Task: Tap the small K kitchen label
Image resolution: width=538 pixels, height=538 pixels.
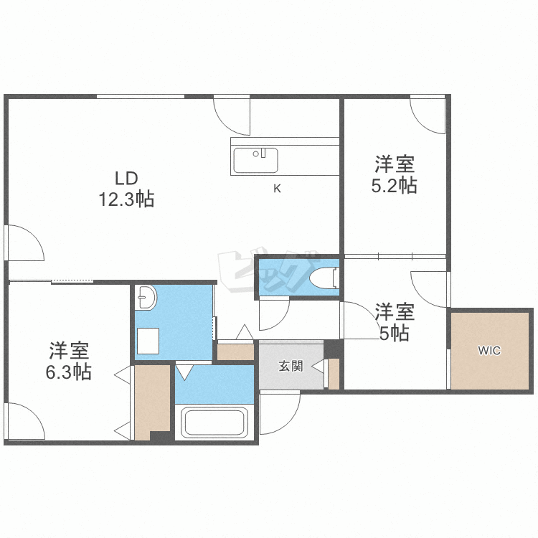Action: click(x=277, y=189)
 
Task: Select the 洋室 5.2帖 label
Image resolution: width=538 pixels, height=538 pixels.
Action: click(x=395, y=174)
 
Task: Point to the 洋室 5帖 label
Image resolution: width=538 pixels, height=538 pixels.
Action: click(x=395, y=322)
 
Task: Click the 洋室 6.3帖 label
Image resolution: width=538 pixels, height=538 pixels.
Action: click(x=69, y=361)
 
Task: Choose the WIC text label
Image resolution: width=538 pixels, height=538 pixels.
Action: click(x=489, y=350)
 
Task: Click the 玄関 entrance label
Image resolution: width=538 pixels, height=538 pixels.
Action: click(x=291, y=366)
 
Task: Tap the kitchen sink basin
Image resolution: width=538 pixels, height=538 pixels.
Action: click(x=255, y=161)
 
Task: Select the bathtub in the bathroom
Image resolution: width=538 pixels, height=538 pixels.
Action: click(x=214, y=423)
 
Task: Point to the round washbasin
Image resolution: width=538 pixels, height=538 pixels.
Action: click(x=146, y=297)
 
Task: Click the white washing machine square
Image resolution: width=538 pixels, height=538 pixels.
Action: click(x=148, y=341)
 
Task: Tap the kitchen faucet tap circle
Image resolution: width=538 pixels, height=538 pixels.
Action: click(x=255, y=154)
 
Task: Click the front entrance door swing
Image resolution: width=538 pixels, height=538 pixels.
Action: click(x=280, y=413)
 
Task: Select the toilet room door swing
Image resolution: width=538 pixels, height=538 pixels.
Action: click(x=274, y=315)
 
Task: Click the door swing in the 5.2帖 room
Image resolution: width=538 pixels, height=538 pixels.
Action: click(x=428, y=117)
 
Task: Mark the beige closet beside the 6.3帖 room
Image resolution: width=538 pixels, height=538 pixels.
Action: click(x=152, y=402)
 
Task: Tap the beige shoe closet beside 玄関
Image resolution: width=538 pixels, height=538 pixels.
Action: click(x=236, y=351)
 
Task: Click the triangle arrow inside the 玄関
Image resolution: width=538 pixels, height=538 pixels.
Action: click(x=317, y=367)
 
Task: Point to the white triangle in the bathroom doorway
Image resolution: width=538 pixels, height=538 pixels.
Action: click(x=184, y=372)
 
